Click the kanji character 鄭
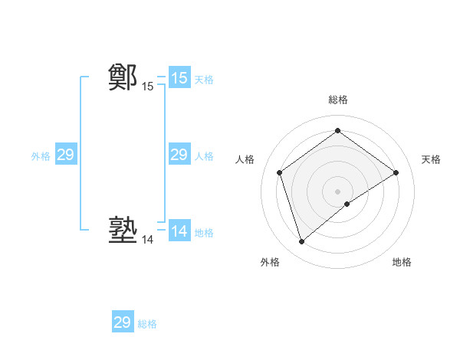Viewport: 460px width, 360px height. click(x=123, y=77)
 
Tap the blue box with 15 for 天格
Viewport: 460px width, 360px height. click(x=179, y=77)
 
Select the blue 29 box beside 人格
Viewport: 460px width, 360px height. click(x=179, y=155)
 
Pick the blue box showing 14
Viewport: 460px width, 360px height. click(x=179, y=231)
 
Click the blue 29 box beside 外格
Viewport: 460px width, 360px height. click(x=65, y=155)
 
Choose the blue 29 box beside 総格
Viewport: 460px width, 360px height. click(x=122, y=322)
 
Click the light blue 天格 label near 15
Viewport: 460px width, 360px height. click(x=204, y=79)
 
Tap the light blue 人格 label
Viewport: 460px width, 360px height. click(x=204, y=156)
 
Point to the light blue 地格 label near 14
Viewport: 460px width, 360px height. click(x=204, y=232)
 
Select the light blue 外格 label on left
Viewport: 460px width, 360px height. click(x=41, y=156)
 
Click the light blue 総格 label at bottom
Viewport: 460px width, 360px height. click(x=147, y=324)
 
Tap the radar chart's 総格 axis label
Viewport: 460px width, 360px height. click(x=338, y=100)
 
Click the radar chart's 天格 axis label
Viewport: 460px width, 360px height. click(x=432, y=159)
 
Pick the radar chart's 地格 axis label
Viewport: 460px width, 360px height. click(x=402, y=263)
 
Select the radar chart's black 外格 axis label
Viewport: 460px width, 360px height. click(x=270, y=263)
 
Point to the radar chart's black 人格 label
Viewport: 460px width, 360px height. click(x=245, y=159)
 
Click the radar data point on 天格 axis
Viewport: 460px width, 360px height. click(x=396, y=172)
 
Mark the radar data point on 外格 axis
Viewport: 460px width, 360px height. click(x=301, y=242)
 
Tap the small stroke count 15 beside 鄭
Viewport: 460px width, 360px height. click(x=147, y=87)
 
